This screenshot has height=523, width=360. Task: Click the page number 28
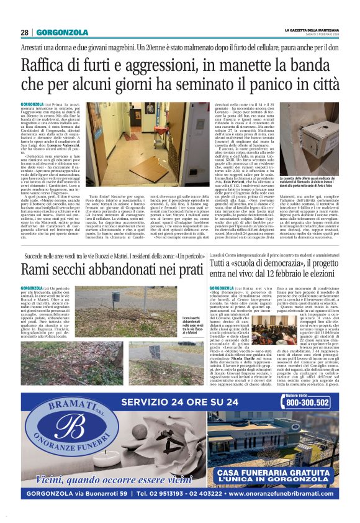click(x=24, y=32)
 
